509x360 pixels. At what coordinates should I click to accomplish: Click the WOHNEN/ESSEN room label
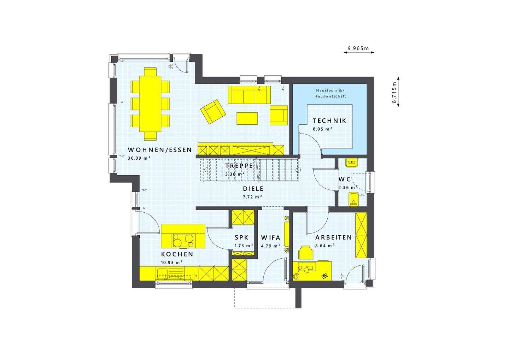[x=160, y=150]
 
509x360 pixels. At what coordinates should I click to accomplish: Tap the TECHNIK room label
[x=329, y=121]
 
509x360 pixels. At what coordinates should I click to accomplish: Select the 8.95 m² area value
[x=322, y=129]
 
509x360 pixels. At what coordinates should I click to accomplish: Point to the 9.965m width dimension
[x=358, y=48]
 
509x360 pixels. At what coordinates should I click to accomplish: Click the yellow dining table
[x=150, y=104]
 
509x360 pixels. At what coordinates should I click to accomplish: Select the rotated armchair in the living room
[x=213, y=111]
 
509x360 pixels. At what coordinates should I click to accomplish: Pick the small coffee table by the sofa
[x=247, y=118]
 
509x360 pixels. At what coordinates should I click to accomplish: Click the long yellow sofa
[x=249, y=95]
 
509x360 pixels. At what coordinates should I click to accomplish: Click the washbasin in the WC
[x=352, y=162]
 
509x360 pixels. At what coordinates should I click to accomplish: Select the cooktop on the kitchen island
[x=183, y=241]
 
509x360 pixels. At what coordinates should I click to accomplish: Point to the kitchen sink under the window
[x=163, y=273]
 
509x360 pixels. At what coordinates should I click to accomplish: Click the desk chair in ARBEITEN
[x=306, y=253]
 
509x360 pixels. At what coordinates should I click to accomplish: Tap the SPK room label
[x=241, y=237]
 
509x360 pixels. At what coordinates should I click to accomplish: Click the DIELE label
[x=253, y=189]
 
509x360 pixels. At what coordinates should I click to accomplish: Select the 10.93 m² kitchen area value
[x=172, y=262]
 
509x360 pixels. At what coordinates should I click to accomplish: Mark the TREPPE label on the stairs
[x=239, y=166]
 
